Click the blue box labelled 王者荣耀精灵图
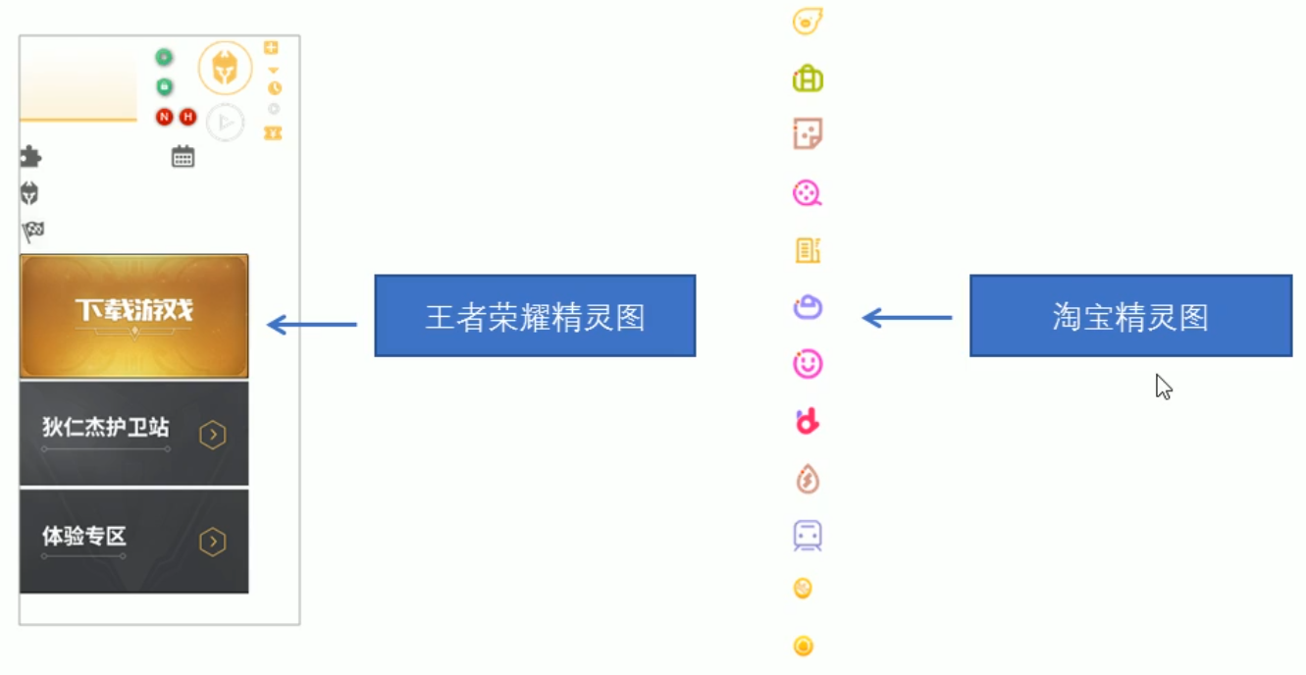click(x=535, y=316)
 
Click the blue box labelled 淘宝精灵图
click(x=1130, y=316)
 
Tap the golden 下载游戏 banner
click(x=134, y=316)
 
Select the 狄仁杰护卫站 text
click(x=105, y=428)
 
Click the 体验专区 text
click(x=84, y=537)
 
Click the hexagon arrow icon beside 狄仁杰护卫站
click(x=213, y=435)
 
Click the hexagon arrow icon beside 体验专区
click(x=213, y=542)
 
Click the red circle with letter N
click(x=164, y=118)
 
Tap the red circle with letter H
click(x=187, y=118)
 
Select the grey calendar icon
click(x=183, y=157)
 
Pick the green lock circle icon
click(x=164, y=87)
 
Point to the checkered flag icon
click(x=32, y=233)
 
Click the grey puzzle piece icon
click(x=30, y=157)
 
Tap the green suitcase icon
click(x=808, y=78)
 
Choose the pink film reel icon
click(x=808, y=192)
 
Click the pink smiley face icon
click(x=808, y=364)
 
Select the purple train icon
click(x=808, y=536)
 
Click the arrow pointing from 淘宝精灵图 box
click(x=907, y=318)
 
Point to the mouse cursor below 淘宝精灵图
click(x=1163, y=387)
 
